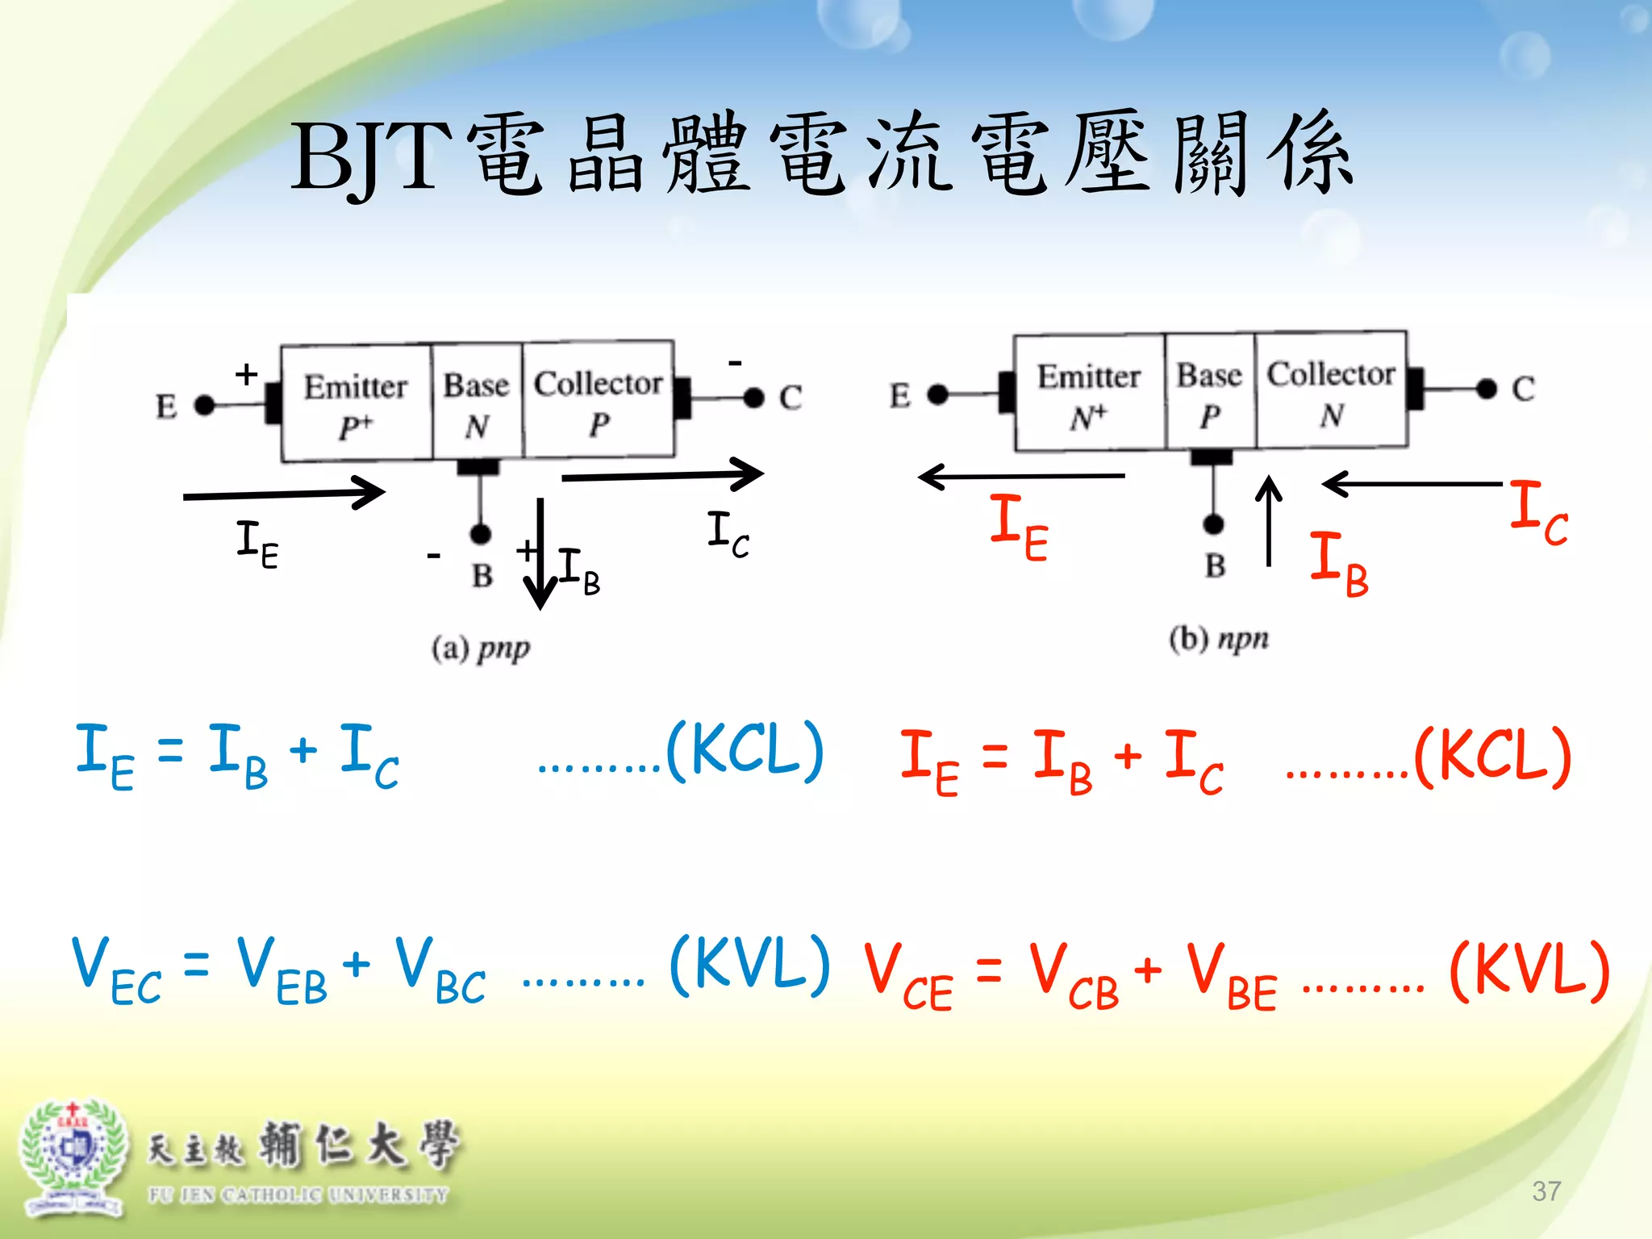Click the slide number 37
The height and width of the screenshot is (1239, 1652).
click(1546, 1191)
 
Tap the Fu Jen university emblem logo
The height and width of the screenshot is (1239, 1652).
click(73, 1158)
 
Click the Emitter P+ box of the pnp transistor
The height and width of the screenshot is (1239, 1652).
click(356, 403)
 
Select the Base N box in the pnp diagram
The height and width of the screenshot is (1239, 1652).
click(477, 402)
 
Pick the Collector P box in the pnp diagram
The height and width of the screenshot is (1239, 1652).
click(598, 400)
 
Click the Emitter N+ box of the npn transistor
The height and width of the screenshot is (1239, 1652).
click(1089, 393)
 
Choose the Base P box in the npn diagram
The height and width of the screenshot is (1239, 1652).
click(1209, 391)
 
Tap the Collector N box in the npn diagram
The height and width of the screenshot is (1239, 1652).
click(1331, 390)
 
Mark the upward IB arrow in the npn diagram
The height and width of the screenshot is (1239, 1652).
click(1269, 520)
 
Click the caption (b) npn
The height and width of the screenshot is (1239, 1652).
click(1219, 639)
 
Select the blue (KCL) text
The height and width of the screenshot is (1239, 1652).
click(745, 751)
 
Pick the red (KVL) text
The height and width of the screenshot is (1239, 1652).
click(1529, 972)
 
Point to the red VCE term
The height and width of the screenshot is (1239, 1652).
click(908, 978)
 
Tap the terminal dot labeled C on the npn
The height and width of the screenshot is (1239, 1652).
click(1487, 389)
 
